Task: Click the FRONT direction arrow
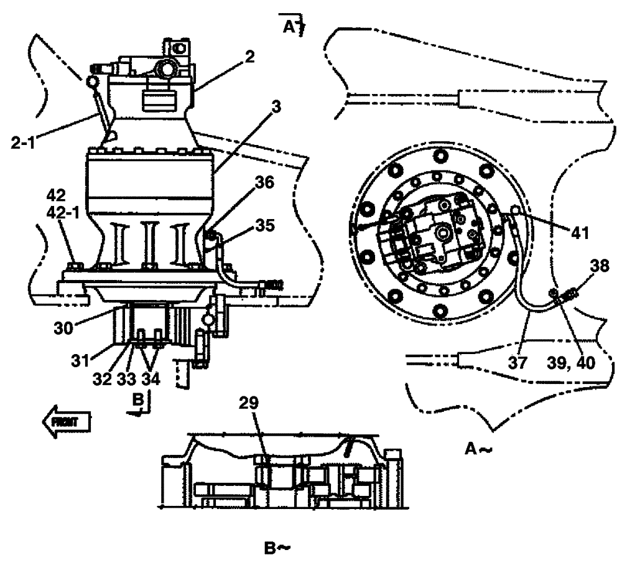(x=67, y=421)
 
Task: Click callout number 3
(x=277, y=106)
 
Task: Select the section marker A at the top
(x=290, y=27)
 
